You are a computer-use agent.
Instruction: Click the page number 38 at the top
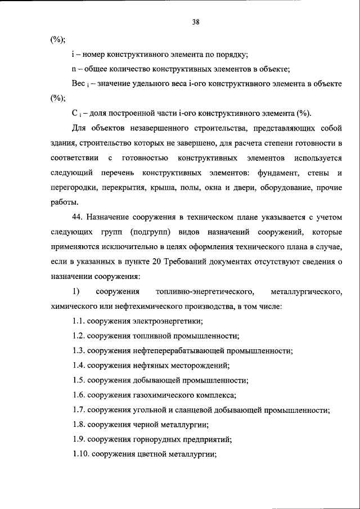pyautogui.click(x=196, y=22)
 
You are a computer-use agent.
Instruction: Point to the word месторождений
pyautogui.click(x=199, y=365)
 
